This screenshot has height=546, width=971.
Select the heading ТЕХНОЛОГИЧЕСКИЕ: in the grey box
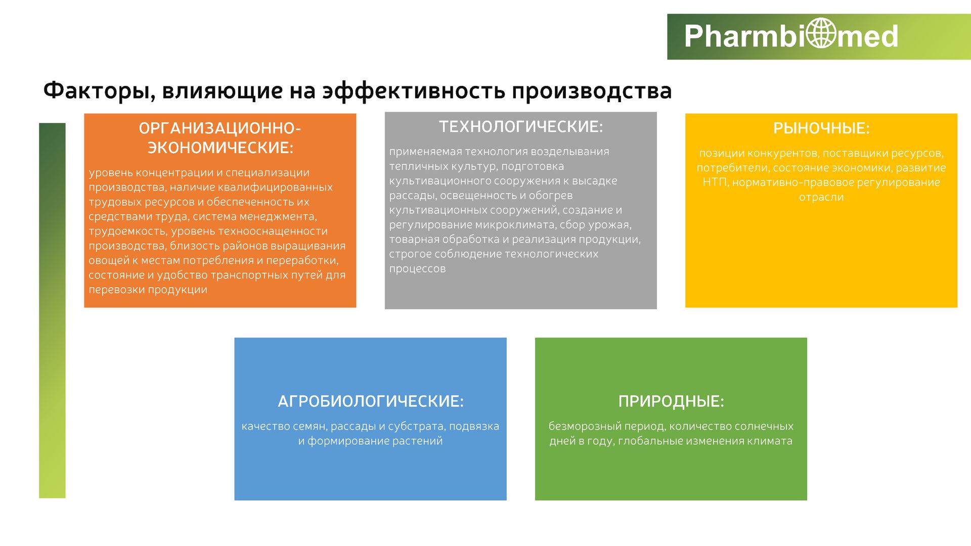521,126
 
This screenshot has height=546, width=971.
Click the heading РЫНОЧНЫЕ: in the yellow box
821,128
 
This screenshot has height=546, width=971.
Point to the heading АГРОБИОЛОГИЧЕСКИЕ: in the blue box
371,401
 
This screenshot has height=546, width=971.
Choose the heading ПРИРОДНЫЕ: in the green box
671,401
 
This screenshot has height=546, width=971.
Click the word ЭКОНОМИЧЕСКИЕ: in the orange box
220,148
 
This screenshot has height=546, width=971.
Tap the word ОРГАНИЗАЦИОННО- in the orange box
220,129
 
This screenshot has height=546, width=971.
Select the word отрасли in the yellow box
821,197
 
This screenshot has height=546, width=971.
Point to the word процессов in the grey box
417,269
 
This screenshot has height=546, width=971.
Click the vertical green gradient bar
52,310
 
